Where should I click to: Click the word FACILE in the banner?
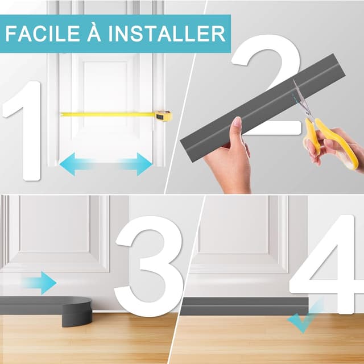[43, 34]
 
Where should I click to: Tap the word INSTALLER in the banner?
[167, 34]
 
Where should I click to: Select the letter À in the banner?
[94, 32]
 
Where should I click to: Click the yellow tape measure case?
[163, 115]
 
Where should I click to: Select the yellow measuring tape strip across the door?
[107, 114]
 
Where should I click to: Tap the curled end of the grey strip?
[77, 311]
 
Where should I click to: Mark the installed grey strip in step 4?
[245, 306]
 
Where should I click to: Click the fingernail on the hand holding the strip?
[238, 122]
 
